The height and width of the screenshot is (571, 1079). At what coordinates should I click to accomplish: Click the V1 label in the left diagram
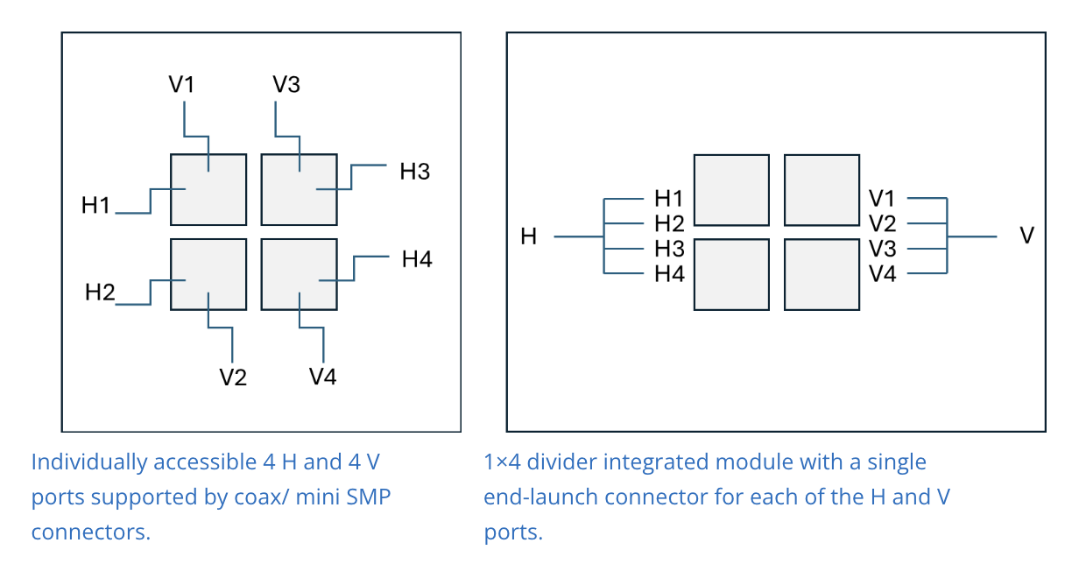tap(181, 85)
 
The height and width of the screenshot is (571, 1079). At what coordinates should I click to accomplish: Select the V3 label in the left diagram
tap(286, 85)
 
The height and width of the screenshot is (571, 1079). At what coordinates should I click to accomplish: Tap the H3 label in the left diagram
tap(414, 172)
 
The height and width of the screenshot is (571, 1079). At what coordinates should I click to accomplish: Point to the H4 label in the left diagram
tap(417, 259)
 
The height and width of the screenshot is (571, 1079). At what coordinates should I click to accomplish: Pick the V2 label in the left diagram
tap(233, 377)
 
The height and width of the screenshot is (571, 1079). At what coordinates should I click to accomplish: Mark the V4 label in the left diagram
tap(322, 377)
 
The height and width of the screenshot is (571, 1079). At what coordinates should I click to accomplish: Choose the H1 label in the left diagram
tap(96, 207)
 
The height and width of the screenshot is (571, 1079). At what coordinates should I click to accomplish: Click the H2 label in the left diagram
tap(100, 293)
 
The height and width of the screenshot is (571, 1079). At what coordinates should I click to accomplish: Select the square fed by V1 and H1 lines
tap(208, 189)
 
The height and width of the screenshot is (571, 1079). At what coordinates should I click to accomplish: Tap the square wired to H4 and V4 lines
tap(300, 275)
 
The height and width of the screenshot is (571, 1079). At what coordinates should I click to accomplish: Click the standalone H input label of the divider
tap(529, 236)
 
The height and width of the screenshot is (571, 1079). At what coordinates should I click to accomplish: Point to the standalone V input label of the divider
tap(1027, 236)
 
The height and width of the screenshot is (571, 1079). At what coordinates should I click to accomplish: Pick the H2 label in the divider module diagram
tap(669, 223)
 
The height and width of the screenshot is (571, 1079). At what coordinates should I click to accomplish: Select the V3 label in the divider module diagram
tap(883, 249)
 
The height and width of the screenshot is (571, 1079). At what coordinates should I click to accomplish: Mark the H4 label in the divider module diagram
tap(669, 274)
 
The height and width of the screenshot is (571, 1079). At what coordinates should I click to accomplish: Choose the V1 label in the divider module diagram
tap(883, 198)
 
